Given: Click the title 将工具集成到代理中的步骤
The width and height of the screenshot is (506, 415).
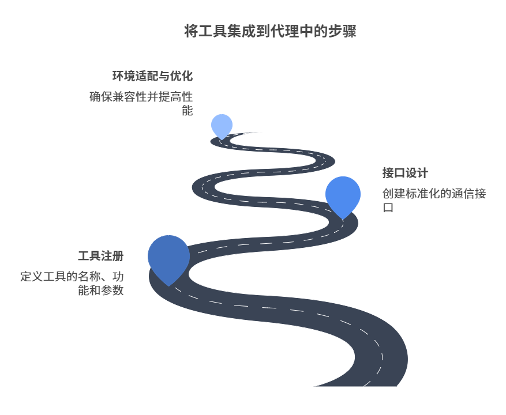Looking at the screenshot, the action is click(x=270, y=31).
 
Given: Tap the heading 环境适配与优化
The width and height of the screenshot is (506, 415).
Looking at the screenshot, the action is click(x=153, y=76).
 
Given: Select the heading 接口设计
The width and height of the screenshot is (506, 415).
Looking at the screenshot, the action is click(x=405, y=173).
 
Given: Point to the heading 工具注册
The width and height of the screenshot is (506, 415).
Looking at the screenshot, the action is click(x=101, y=256).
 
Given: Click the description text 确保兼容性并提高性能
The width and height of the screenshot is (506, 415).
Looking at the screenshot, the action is click(x=141, y=104).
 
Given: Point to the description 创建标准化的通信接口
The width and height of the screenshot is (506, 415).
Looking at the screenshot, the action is click(x=434, y=200).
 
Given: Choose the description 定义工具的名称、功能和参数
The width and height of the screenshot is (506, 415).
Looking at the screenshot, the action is click(x=72, y=283).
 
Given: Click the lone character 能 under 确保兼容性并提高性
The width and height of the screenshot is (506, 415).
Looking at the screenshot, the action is click(x=187, y=111).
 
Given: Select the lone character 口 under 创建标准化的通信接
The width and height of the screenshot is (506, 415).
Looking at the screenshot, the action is click(x=388, y=207).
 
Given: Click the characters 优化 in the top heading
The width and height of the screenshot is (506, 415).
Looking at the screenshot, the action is click(x=181, y=76).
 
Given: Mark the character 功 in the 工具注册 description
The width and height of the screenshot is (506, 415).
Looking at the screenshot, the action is click(x=118, y=276).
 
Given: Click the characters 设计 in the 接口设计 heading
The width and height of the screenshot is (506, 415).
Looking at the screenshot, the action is click(x=417, y=173).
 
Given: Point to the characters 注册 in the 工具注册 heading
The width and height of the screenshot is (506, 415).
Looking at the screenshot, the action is click(x=113, y=256).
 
